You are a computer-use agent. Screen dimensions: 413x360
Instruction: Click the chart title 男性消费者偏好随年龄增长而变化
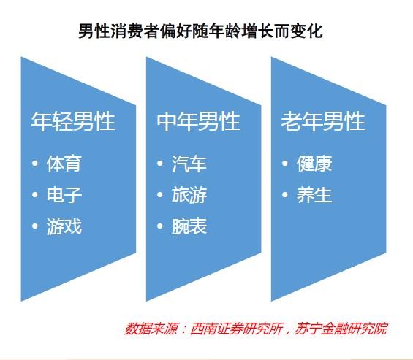pyautogui.click(x=200, y=31)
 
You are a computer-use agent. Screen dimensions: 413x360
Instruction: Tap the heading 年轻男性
pyautogui.click(x=73, y=121)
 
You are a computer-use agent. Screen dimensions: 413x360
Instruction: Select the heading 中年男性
pyautogui.click(x=198, y=121)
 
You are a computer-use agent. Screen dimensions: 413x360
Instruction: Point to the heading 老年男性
pyautogui.click(x=323, y=121)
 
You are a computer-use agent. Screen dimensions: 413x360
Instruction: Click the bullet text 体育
pyautogui.click(x=64, y=164)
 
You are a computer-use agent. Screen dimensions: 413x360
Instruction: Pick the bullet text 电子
pyautogui.click(x=64, y=195)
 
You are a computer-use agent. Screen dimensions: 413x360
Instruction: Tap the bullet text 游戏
pyautogui.click(x=64, y=226)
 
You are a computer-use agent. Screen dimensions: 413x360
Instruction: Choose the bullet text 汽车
pyautogui.click(x=189, y=164)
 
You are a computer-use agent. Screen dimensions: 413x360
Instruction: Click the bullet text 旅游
pyautogui.click(x=189, y=195)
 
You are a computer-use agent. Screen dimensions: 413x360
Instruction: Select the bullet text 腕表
pyautogui.click(x=189, y=226)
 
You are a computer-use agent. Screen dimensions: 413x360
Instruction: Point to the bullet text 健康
pyautogui.click(x=314, y=164)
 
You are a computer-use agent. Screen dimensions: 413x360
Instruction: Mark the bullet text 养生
pyautogui.click(x=314, y=195)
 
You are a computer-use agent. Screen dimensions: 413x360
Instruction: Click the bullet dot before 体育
pyautogui.click(x=35, y=164)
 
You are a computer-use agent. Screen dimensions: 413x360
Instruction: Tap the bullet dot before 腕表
pyautogui.click(x=160, y=226)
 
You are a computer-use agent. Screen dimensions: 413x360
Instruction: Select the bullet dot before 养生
pyautogui.click(x=285, y=195)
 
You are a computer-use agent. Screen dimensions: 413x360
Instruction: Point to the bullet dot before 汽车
pyautogui.click(x=160, y=164)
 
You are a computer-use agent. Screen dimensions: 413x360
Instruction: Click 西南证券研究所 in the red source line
pyautogui.click(x=237, y=329)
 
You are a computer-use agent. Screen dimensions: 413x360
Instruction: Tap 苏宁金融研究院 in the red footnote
pyautogui.click(x=341, y=329)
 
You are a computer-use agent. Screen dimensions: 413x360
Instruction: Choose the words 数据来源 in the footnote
pyautogui.click(x=151, y=329)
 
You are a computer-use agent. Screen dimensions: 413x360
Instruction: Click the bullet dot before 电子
pyautogui.click(x=35, y=195)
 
